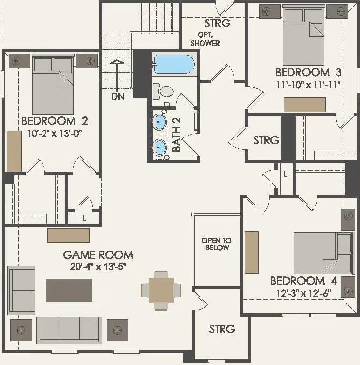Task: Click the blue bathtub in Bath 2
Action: click(x=174, y=64)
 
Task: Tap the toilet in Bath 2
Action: click(x=164, y=91)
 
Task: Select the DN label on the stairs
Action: click(x=117, y=96)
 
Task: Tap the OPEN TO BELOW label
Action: click(x=217, y=244)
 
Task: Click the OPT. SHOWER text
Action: click(x=208, y=39)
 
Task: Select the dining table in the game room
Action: click(x=161, y=290)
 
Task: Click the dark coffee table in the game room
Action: click(x=69, y=290)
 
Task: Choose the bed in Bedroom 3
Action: click(x=303, y=37)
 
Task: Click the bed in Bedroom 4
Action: click(x=322, y=252)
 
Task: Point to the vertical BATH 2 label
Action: click(x=177, y=139)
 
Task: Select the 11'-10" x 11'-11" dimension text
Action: click(x=308, y=84)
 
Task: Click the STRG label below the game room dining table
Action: click(x=222, y=329)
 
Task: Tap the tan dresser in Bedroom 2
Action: click(x=14, y=151)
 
